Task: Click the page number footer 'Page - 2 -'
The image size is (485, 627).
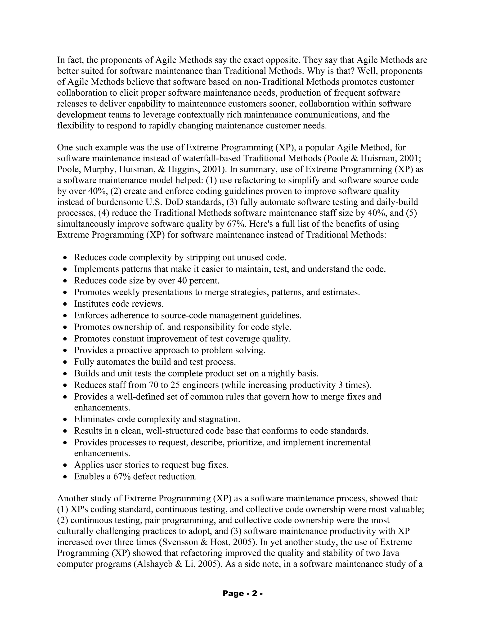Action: tap(242, 593)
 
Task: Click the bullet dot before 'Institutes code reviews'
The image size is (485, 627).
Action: tap(66, 304)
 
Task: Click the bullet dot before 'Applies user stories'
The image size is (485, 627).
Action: tap(66, 465)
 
